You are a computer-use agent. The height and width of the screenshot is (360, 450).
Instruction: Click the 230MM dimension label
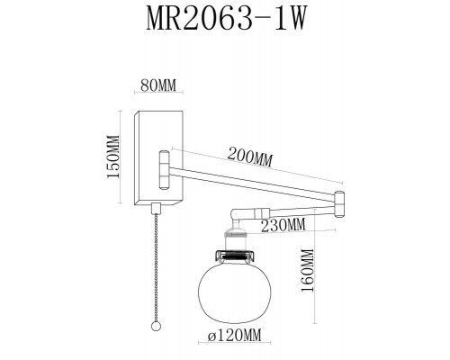pyautogui.click(x=282, y=224)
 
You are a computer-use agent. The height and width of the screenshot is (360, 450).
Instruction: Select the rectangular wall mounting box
pyautogui.click(x=158, y=156)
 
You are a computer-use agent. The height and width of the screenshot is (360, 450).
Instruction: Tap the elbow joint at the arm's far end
pyautogui.click(x=339, y=204)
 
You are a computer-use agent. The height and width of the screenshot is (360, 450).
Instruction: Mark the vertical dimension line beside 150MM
pyautogui.click(x=122, y=157)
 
